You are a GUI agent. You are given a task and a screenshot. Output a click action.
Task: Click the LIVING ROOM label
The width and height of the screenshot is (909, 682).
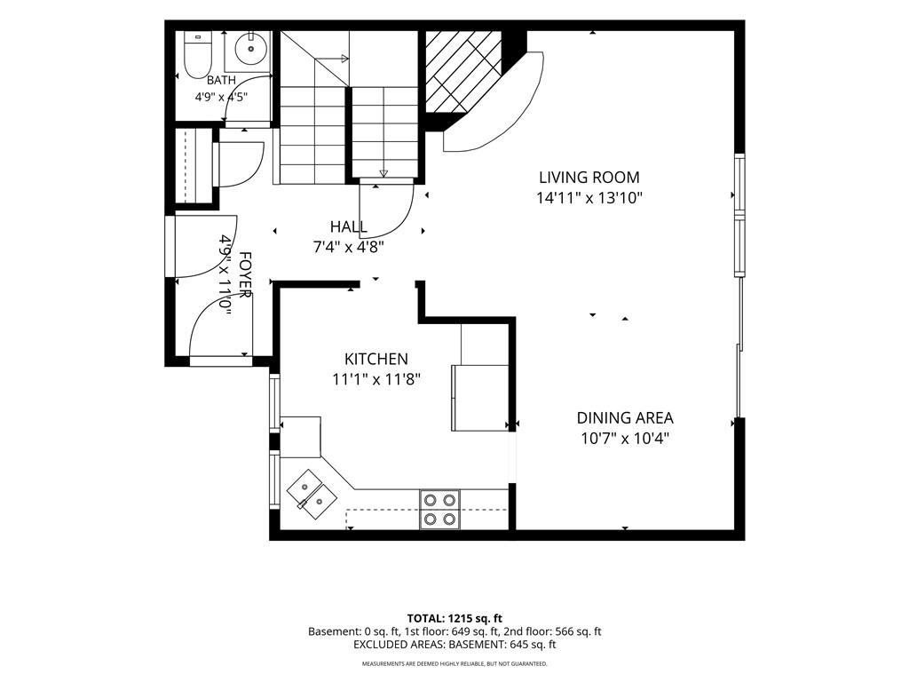pyautogui.click(x=589, y=178)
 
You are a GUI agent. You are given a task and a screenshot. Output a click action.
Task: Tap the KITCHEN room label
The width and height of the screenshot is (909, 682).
pyautogui.click(x=376, y=359)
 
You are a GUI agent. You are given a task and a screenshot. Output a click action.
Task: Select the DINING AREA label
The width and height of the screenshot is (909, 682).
pyautogui.click(x=625, y=417)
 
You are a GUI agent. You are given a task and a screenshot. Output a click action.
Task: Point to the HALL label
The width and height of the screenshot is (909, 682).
pyautogui.click(x=348, y=226)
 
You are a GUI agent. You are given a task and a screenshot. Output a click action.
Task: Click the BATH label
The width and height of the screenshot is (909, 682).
pyautogui.click(x=221, y=80)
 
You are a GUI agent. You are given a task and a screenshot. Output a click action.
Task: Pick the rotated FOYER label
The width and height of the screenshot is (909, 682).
pyautogui.click(x=245, y=274)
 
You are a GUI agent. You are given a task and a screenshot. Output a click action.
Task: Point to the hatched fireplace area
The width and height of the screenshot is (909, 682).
pyautogui.click(x=462, y=71)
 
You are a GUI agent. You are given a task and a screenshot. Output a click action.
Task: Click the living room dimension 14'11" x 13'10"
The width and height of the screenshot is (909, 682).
pyautogui.click(x=589, y=198)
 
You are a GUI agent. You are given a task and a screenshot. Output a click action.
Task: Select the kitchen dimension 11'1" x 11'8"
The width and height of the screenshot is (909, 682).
pyautogui.click(x=375, y=380)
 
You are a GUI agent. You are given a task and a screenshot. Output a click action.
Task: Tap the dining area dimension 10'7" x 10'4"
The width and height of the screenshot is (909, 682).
pyautogui.click(x=625, y=439)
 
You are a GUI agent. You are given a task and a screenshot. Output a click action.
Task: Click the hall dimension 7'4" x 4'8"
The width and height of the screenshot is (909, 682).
pyautogui.click(x=348, y=248)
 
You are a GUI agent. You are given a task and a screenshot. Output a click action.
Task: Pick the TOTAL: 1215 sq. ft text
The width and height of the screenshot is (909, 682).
pyautogui.click(x=454, y=618)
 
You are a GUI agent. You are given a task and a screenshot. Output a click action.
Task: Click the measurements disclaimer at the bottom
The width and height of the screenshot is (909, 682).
pyautogui.click(x=454, y=663)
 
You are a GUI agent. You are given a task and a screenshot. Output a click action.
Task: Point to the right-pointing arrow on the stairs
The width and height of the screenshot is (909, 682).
pyautogui.click(x=332, y=58)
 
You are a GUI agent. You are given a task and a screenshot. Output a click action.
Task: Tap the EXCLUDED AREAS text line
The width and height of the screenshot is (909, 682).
pyautogui.click(x=454, y=645)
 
